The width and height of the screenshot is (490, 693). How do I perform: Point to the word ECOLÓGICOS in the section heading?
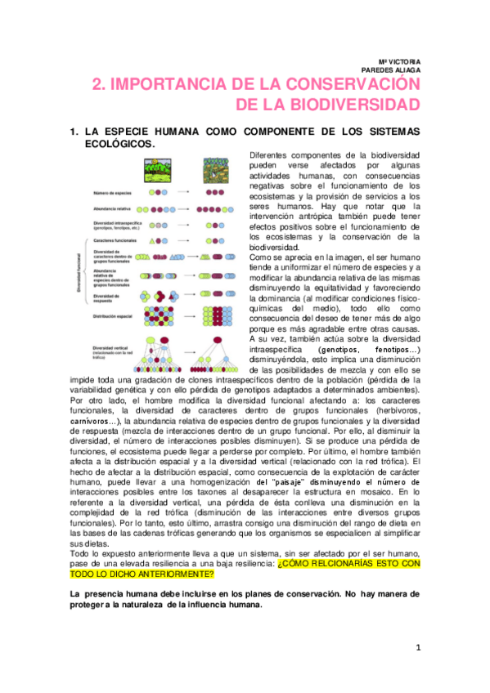tap(130, 143)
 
